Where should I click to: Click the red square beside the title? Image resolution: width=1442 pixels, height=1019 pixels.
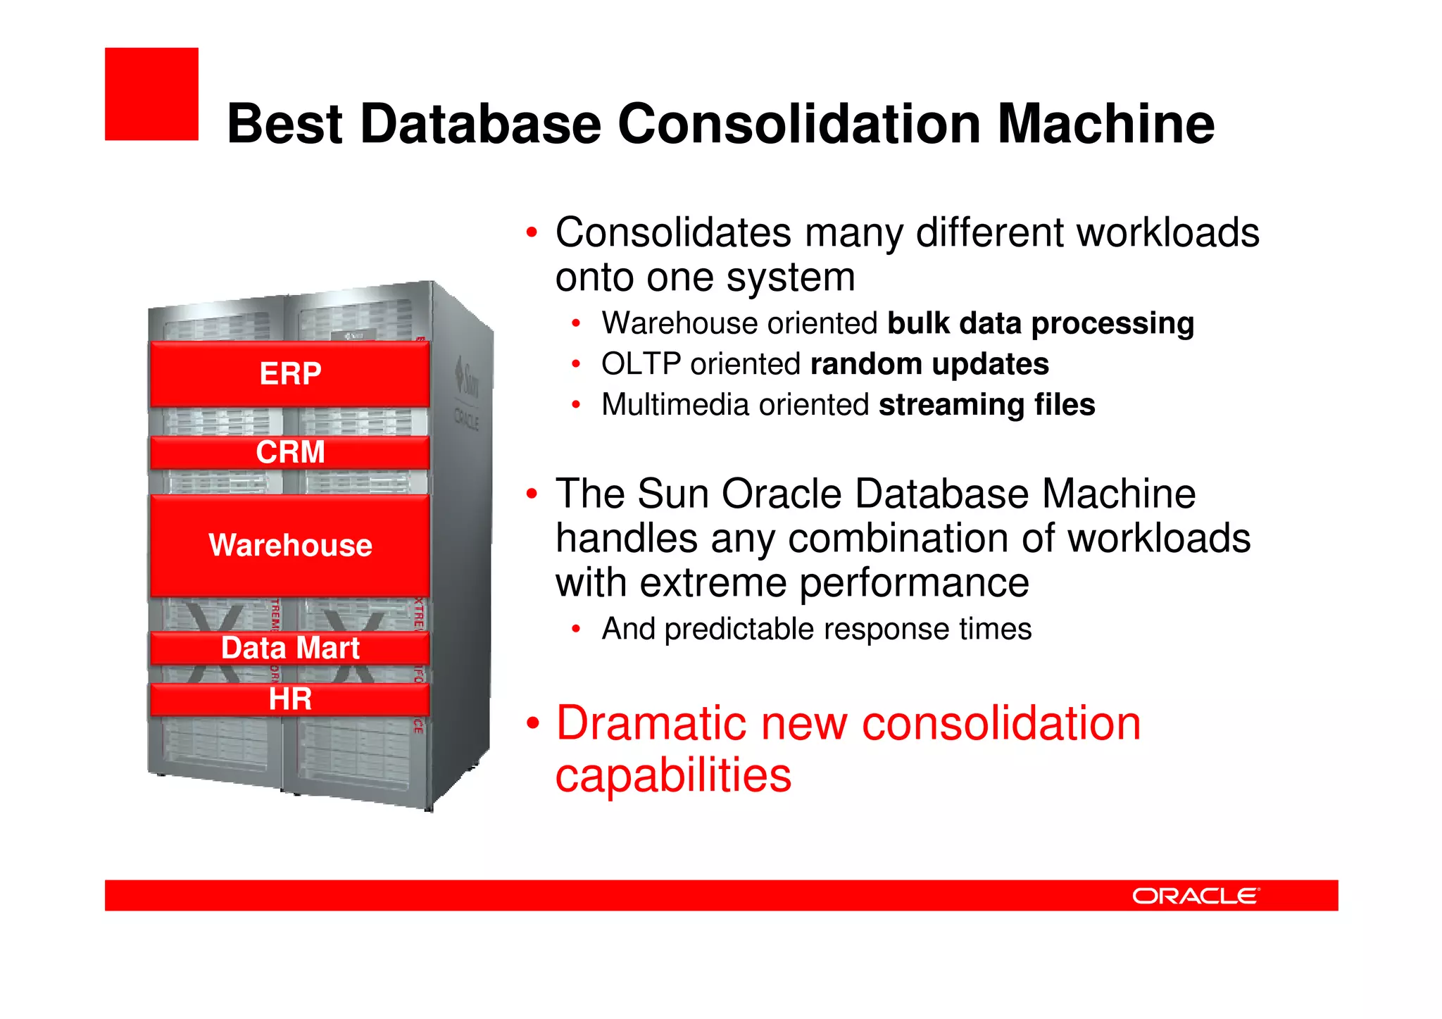point(151,94)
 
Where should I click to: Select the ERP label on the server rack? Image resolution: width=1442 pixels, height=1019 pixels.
point(290,373)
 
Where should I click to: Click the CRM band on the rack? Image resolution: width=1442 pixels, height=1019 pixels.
point(290,452)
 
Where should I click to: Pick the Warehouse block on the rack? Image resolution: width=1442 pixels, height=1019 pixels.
point(290,546)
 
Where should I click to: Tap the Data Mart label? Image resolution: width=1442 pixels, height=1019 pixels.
point(290,648)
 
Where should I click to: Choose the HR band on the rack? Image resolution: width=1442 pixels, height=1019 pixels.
point(290,699)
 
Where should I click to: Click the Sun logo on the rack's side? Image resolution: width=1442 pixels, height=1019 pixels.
point(467,377)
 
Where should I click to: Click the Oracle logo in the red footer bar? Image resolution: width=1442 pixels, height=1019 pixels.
point(1195,896)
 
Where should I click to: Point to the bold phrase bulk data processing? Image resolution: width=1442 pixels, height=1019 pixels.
point(1040,323)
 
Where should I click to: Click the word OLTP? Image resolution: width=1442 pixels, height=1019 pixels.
point(640,364)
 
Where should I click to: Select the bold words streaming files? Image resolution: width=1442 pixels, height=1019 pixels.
point(986,405)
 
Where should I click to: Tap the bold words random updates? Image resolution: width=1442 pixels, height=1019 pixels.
point(929,364)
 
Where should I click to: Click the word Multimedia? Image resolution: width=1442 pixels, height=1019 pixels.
point(675,405)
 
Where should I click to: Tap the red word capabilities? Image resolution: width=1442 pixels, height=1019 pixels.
point(673,775)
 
